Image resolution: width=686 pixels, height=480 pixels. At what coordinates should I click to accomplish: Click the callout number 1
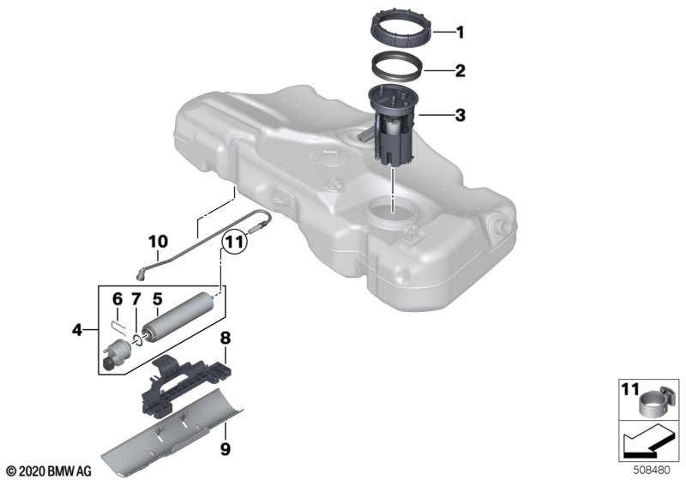(460, 33)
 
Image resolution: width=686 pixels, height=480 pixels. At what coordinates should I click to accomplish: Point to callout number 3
(460, 116)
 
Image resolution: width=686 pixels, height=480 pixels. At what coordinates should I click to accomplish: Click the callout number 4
(77, 330)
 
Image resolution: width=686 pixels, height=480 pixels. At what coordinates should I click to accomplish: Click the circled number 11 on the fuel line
(233, 242)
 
